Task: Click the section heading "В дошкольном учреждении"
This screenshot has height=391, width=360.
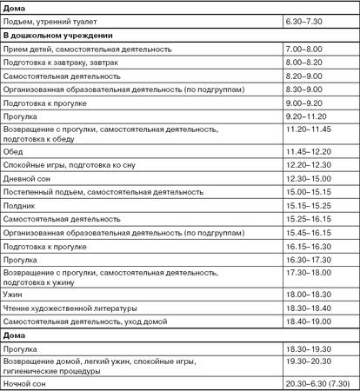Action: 57,36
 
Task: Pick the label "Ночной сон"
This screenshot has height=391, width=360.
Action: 29,381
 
